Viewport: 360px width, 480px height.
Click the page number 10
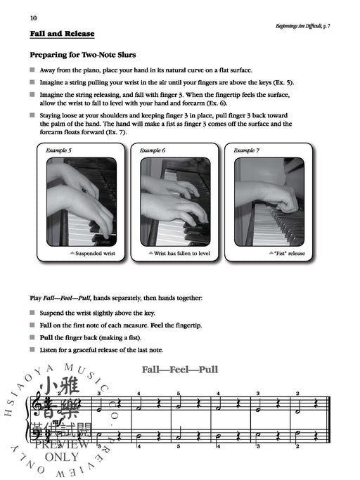pyautogui.click(x=33, y=16)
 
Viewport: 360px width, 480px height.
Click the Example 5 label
pyautogui.click(x=60, y=150)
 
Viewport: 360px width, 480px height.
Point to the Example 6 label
pyautogui.click(x=153, y=150)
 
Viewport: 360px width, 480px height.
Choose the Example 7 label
pyautogui.click(x=247, y=150)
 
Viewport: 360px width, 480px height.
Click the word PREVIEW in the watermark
pyautogui.click(x=67, y=446)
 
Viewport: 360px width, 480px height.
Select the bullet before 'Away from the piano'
pyautogui.click(x=32, y=70)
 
